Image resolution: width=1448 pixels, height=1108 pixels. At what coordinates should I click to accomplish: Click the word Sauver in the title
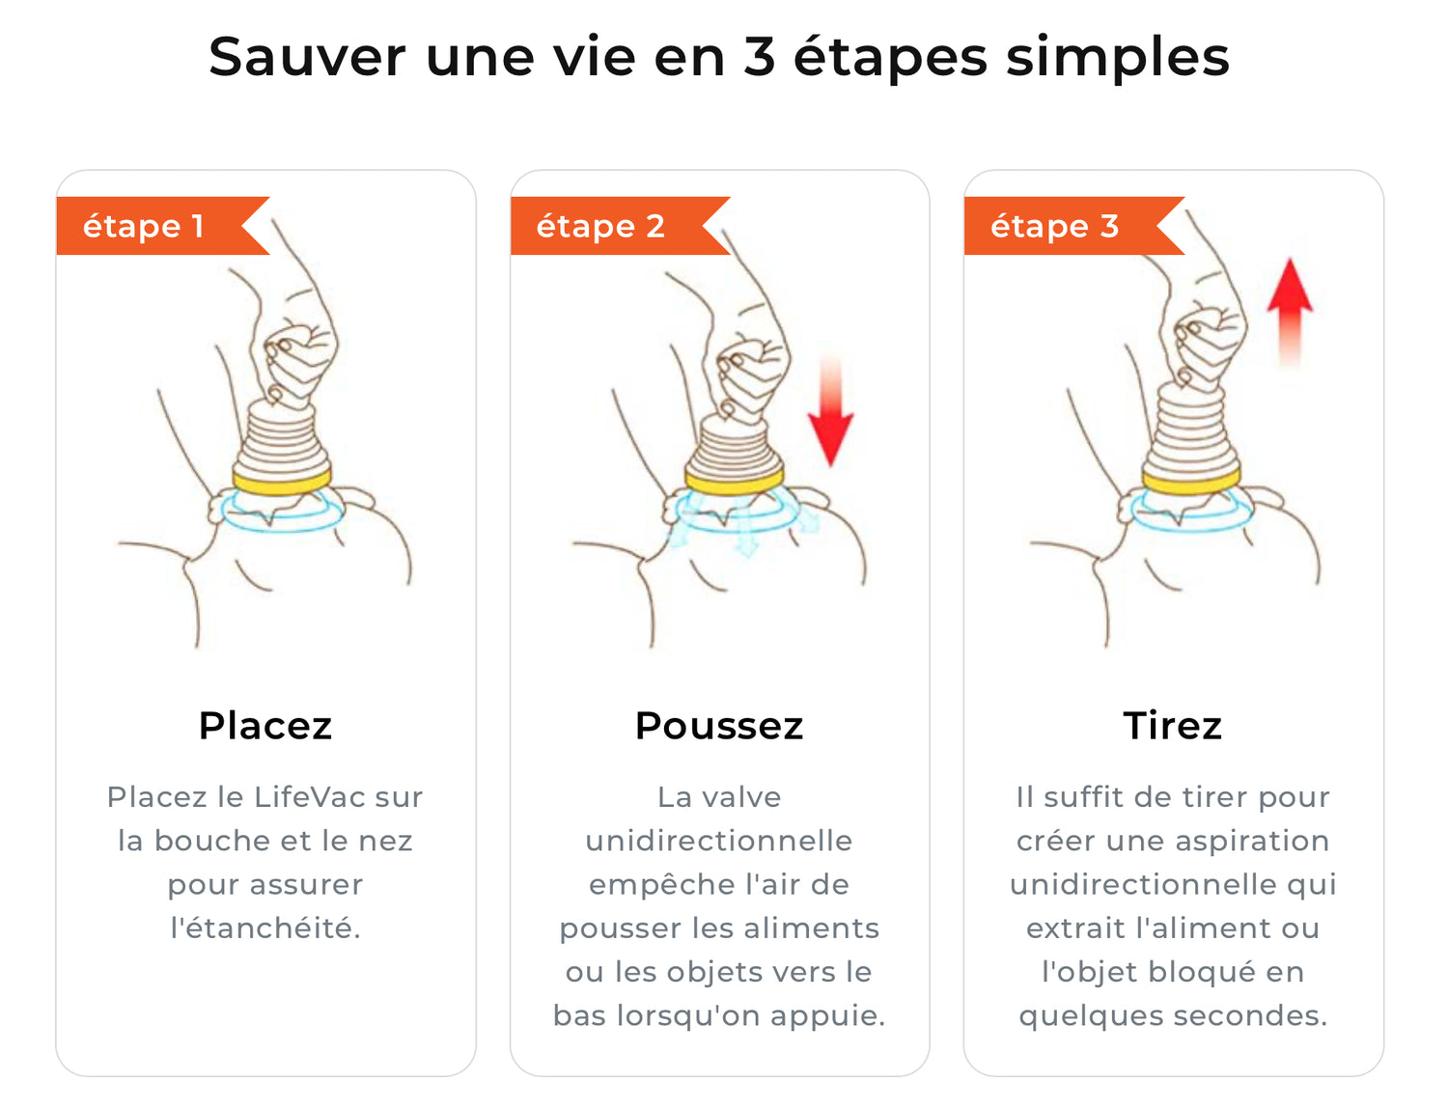pyautogui.click(x=306, y=57)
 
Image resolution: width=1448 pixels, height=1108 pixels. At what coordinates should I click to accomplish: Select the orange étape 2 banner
pyautogui.click(x=620, y=226)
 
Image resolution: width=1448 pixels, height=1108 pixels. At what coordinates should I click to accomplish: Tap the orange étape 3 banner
pyautogui.click(x=1074, y=226)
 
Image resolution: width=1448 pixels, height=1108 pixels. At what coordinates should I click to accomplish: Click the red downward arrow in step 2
pyautogui.click(x=830, y=412)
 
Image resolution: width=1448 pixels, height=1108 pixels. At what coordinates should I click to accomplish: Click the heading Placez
pyautogui.click(x=265, y=726)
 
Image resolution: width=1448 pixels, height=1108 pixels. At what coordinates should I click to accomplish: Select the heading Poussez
pyautogui.click(x=719, y=726)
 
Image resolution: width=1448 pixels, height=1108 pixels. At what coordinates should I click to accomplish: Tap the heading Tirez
pyautogui.click(x=1172, y=726)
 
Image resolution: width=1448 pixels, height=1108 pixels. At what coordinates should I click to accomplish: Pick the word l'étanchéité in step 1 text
pyautogui.click(x=265, y=928)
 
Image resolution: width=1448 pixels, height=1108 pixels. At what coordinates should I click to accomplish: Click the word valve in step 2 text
pyautogui.click(x=741, y=796)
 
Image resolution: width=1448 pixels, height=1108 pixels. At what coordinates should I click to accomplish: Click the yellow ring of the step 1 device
pyautogui.click(x=282, y=483)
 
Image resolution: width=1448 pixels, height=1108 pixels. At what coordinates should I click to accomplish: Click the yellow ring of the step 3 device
pyautogui.click(x=1191, y=481)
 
